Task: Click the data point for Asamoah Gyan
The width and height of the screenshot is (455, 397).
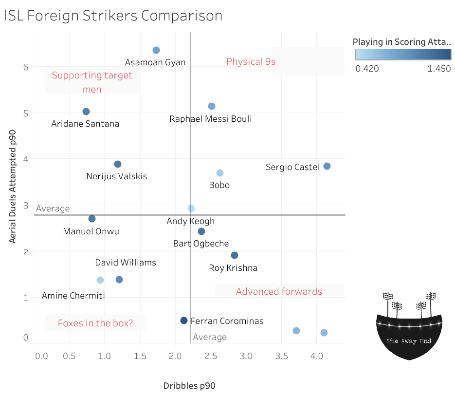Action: pos(156,50)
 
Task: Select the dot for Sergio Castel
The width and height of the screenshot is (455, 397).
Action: pos(327,166)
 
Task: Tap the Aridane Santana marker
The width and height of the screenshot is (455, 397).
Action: pos(86,112)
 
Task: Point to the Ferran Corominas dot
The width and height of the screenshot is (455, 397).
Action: pos(184,321)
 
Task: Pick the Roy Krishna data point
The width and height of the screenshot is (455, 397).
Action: pos(235,255)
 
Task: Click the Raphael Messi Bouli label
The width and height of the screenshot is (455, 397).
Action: pos(211,119)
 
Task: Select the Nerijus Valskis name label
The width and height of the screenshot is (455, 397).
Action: pos(116,176)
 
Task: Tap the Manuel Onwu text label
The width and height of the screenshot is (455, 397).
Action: pos(91,231)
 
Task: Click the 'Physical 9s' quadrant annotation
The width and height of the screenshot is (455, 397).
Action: pos(251,61)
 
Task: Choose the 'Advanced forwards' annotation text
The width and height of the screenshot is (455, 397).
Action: pos(279,292)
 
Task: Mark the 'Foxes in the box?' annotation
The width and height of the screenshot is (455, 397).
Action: pos(95,323)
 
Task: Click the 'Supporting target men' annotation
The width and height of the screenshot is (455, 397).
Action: pos(92,82)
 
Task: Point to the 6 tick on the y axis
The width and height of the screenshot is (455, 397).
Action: pos(25,67)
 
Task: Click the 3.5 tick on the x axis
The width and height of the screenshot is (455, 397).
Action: pos(281,356)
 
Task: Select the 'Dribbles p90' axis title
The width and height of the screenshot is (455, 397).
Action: pos(189,386)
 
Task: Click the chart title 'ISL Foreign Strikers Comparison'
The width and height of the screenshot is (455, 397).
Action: pos(113,16)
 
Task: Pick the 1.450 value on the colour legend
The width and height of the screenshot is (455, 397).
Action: pos(439,69)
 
